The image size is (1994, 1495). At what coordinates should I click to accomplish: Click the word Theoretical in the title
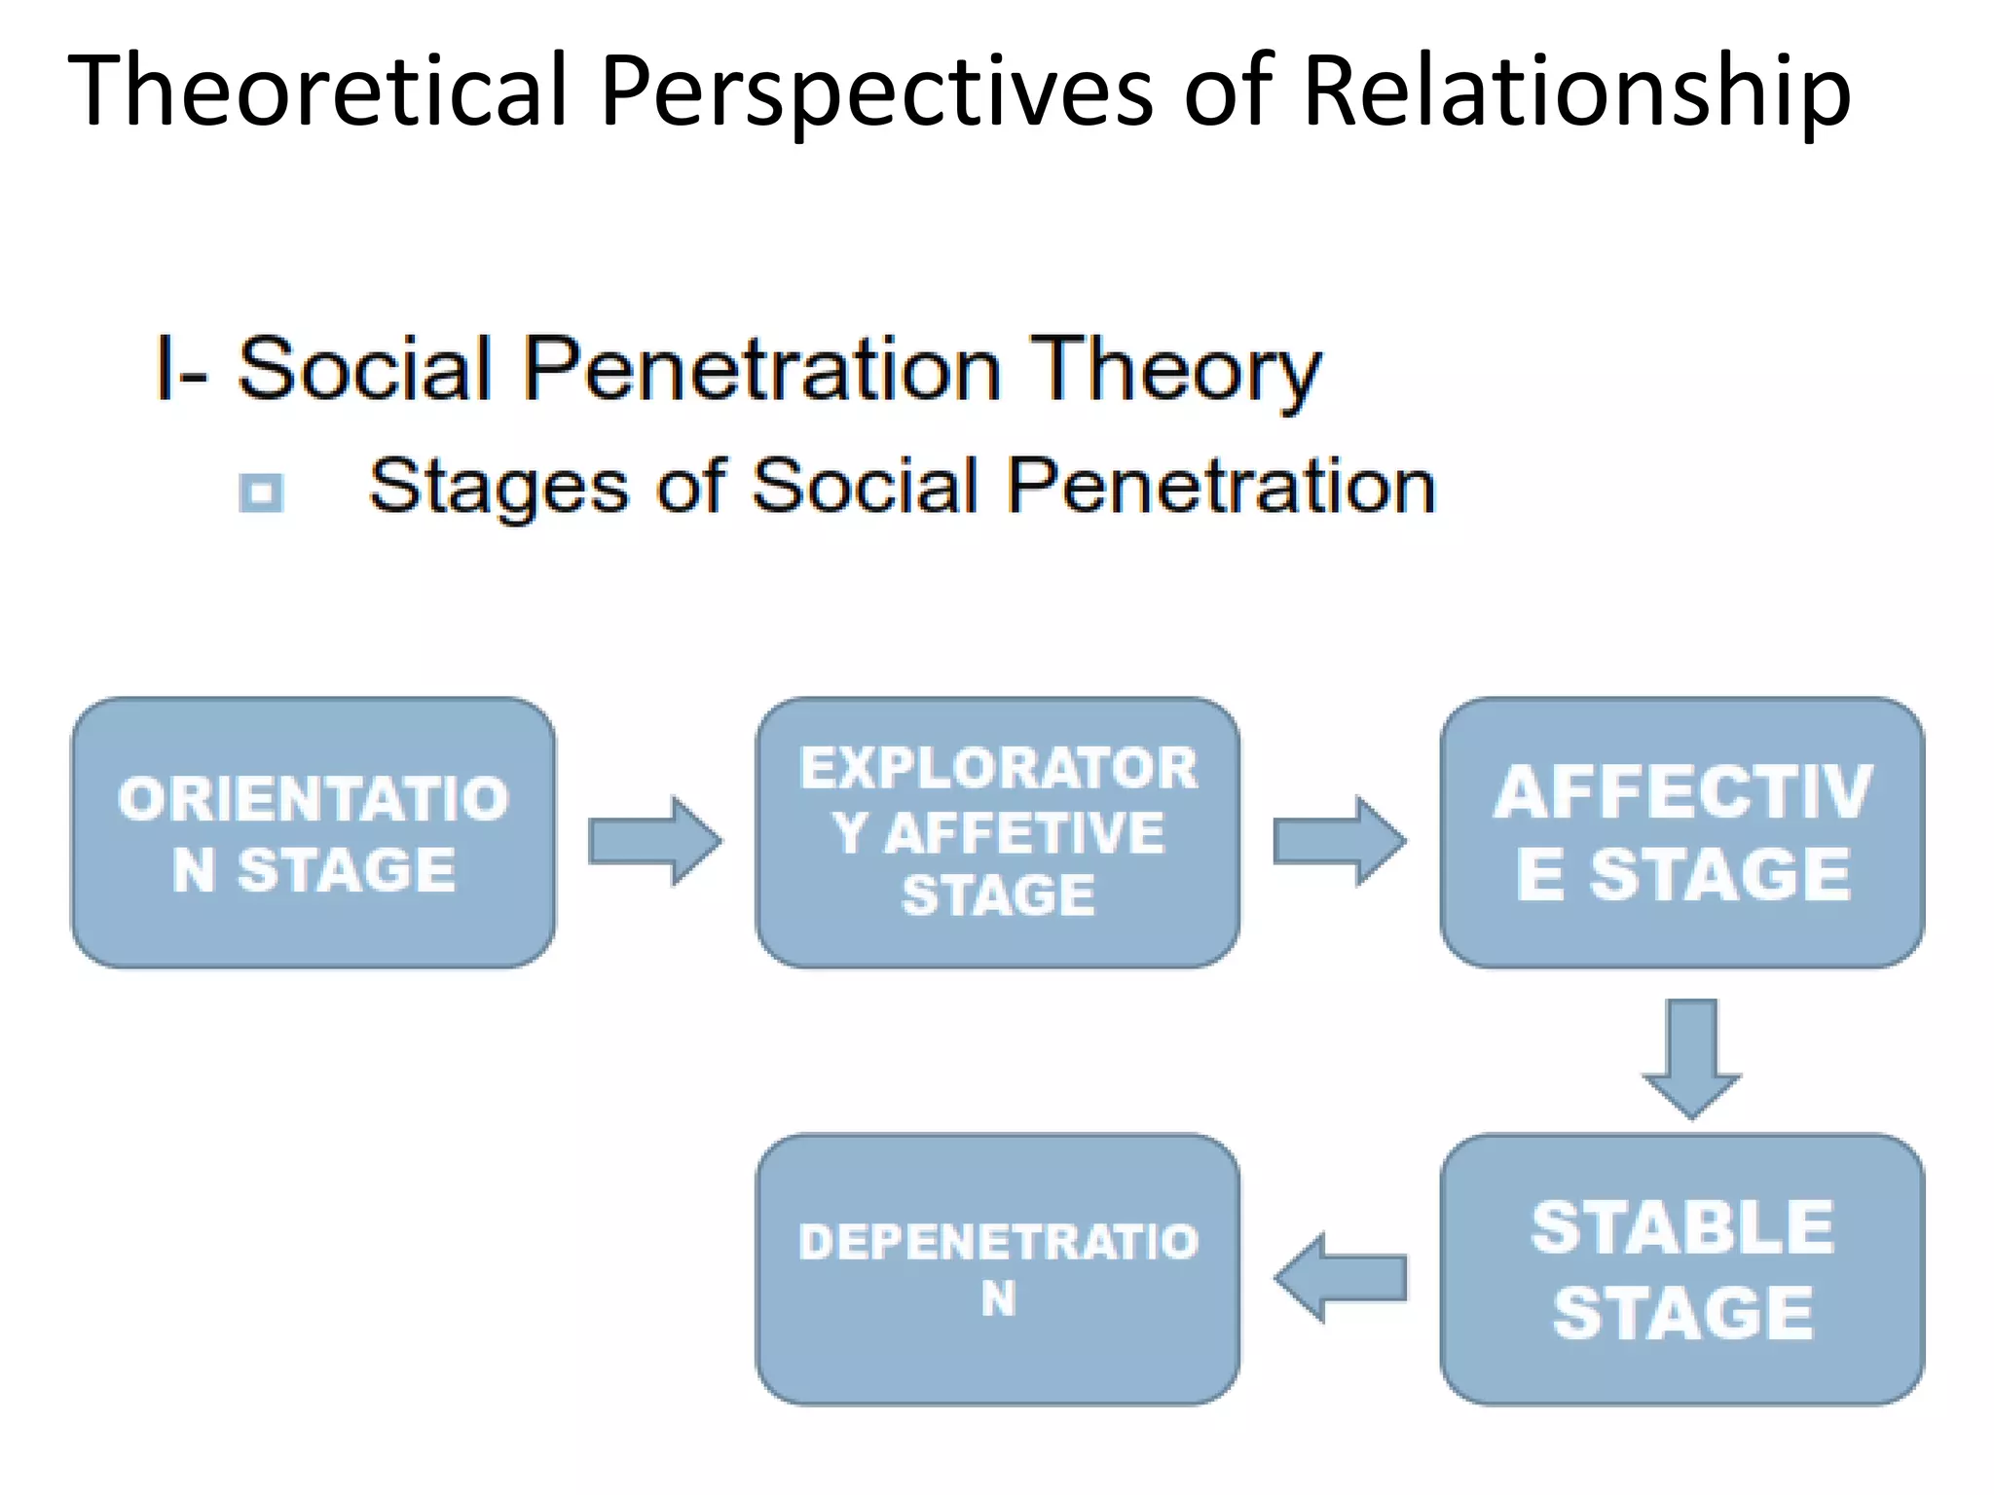point(317,90)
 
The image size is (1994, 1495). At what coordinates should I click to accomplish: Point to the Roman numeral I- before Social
point(180,370)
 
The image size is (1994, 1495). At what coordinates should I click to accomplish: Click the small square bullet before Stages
point(261,492)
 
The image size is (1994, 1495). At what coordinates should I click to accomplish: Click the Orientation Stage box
point(314,833)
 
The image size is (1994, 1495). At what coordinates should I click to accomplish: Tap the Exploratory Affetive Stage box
point(997,833)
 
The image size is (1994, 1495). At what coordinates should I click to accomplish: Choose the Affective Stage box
point(1681,833)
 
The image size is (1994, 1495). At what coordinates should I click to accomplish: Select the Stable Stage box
point(1681,1269)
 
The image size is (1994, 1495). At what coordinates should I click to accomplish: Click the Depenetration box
point(997,1269)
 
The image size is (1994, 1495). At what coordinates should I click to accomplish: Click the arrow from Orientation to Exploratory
point(654,841)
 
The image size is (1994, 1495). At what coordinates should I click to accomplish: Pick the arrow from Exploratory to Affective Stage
point(1339,841)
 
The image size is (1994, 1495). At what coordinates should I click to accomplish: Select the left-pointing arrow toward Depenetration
point(1340,1278)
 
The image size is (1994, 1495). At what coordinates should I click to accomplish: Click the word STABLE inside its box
point(1681,1227)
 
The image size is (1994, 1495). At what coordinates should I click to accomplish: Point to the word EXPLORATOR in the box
point(997,769)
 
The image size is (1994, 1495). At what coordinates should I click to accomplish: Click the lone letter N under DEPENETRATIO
point(998,1298)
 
